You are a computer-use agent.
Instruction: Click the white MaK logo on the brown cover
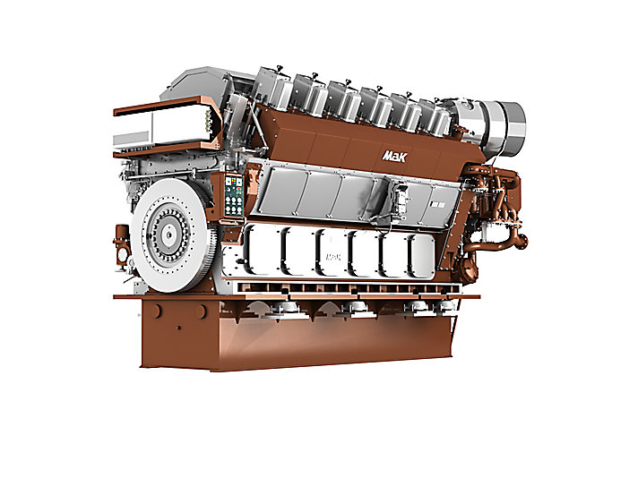[394, 157]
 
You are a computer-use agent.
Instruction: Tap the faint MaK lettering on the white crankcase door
[333, 257]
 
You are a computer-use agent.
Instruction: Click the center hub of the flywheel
[168, 235]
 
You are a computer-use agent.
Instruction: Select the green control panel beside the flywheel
[234, 196]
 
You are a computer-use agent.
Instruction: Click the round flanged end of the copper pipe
[522, 242]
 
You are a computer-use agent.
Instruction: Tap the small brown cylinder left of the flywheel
[122, 243]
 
